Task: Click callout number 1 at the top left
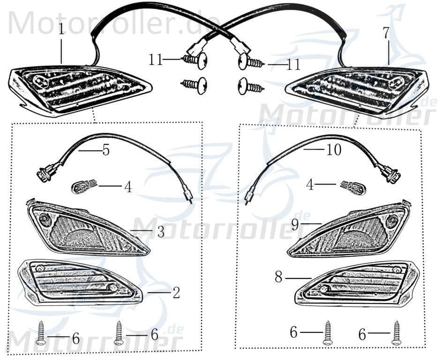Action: click(61, 30)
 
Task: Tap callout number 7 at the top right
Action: click(386, 33)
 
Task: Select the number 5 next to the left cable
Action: click(106, 150)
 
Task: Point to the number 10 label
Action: click(334, 150)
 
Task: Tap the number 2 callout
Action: click(176, 293)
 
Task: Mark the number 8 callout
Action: click(278, 277)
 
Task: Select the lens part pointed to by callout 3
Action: click(88, 228)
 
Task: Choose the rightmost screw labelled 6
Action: click(397, 333)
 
